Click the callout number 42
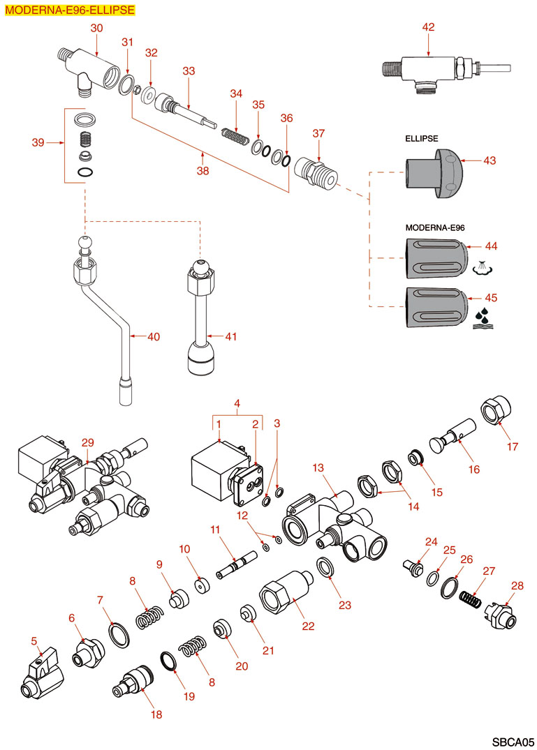[x=428, y=27]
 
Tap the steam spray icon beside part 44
[x=483, y=268]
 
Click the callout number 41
[x=231, y=337]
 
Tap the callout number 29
[x=87, y=443]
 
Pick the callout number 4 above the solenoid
[x=237, y=403]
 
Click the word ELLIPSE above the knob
[x=422, y=139]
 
